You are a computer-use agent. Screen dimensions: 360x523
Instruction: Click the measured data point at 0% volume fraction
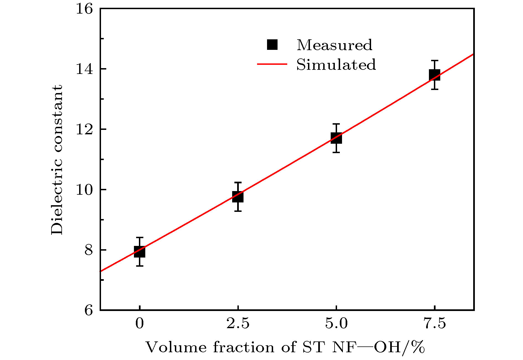point(139,252)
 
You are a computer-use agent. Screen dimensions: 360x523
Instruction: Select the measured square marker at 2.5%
point(238,197)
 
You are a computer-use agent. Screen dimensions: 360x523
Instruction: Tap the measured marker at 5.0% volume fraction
point(336,138)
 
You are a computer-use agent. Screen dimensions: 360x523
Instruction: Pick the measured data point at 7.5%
point(434,75)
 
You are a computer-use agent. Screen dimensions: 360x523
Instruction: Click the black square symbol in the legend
point(272,45)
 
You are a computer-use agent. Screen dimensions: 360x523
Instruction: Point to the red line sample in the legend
point(272,64)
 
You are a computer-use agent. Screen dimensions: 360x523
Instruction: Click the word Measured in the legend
point(334,45)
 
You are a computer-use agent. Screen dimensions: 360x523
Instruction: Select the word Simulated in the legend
point(336,65)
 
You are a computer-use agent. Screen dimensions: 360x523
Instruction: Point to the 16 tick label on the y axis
point(84,9)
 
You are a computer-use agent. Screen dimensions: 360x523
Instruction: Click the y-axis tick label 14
point(84,69)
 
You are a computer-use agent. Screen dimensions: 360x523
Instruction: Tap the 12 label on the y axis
point(84,129)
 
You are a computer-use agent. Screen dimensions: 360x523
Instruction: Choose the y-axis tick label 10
point(84,190)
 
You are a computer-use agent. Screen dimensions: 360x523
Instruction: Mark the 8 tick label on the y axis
point(89,250)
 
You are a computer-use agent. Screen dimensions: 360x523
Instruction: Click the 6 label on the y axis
point(89,310)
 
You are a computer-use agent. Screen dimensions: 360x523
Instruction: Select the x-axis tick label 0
point(139,323)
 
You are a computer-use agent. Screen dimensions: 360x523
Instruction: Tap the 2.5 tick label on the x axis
point(238,323)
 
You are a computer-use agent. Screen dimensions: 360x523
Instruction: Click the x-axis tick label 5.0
point(336,323)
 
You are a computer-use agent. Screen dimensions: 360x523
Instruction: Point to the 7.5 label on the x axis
point(434,323)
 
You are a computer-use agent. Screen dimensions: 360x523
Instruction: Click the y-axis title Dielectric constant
point(57,160)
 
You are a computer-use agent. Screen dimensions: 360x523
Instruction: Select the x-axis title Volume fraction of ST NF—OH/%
point(285,348)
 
